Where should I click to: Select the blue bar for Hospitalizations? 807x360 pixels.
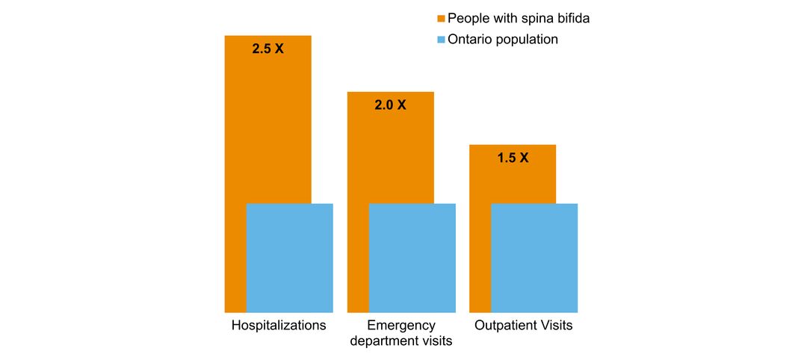[289, 258]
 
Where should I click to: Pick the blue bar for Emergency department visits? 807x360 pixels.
[412, 258]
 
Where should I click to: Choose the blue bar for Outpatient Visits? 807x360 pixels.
[534, 258]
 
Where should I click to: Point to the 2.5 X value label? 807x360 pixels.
[268, 51]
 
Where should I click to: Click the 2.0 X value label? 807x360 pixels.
[390, 105]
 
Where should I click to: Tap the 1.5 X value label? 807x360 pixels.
[513, 158]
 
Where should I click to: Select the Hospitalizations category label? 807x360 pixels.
[279, 326]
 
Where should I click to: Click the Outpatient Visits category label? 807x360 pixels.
[523, 326]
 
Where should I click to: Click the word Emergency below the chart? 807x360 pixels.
[401, 326]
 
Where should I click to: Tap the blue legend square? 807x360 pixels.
[441, 40]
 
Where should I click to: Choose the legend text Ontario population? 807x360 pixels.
[502, 40]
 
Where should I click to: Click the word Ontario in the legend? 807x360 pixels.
[470, 40]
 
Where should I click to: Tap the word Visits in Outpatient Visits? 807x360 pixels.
[556, 326]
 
